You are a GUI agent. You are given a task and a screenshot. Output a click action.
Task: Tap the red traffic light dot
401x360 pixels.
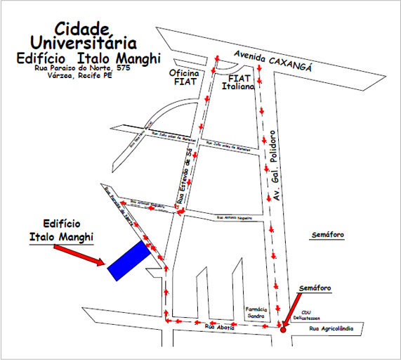283,329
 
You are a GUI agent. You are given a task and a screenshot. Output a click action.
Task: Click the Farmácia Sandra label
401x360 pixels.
256,313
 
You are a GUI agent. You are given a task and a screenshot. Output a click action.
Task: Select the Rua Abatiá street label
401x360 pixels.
218,327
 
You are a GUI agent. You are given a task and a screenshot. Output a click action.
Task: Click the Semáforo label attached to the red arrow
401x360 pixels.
315,288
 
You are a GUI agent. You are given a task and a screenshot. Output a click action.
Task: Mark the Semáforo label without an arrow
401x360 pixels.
327,234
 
